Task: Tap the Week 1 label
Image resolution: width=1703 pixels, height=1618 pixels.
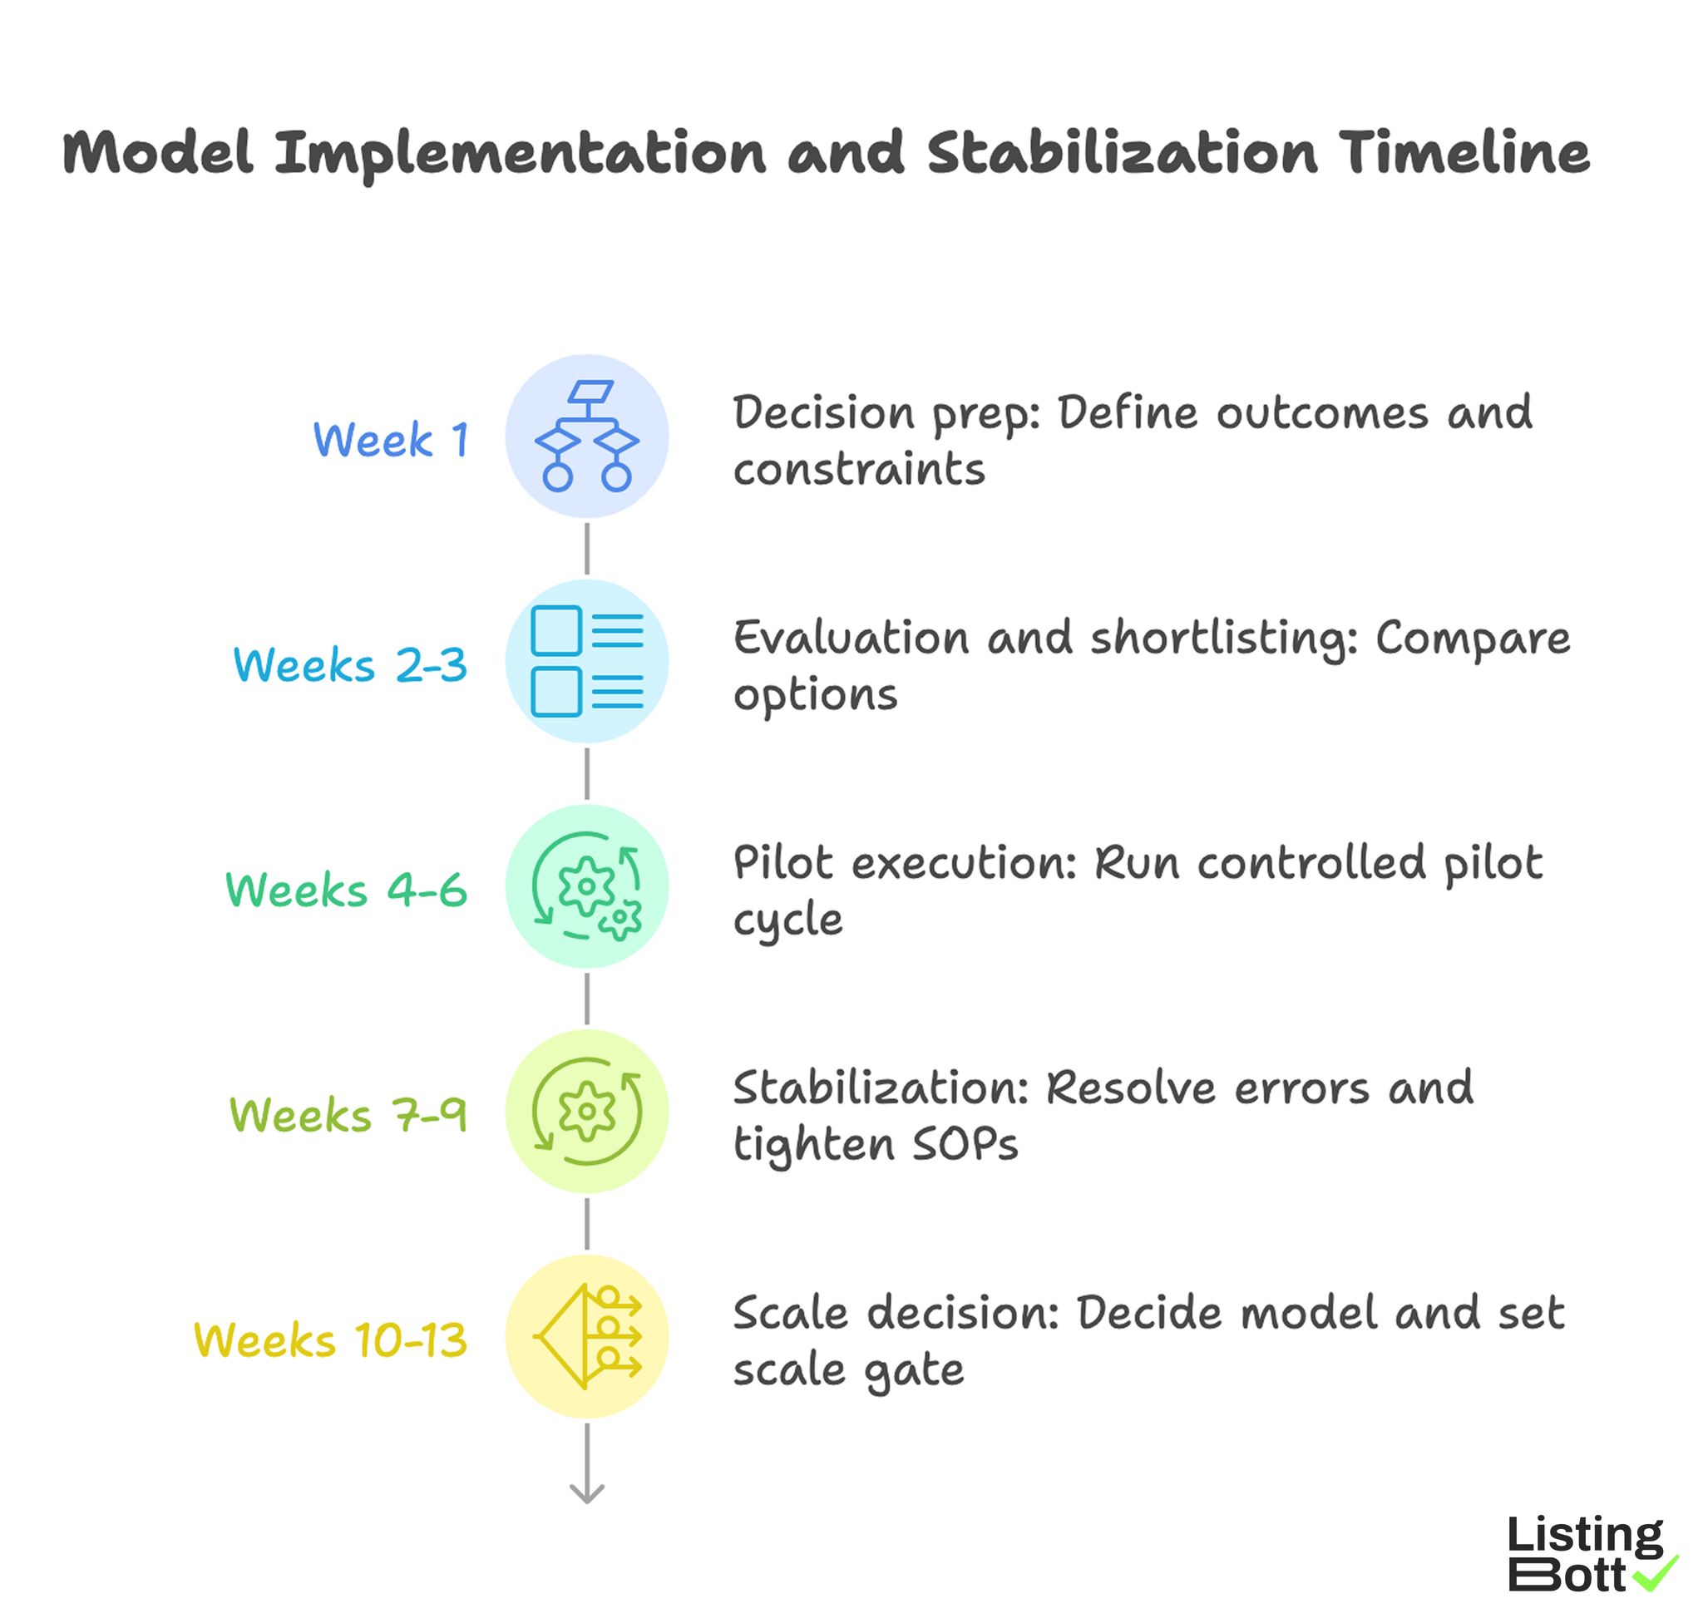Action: (391, 440)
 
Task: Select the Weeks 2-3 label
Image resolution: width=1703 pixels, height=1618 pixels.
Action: (350, 665)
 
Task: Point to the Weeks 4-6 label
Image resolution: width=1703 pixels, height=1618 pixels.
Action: (346, 890)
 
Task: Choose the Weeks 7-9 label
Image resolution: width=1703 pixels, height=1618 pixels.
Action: (348, 1115)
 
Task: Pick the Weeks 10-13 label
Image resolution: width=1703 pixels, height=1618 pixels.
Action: (330, 1340)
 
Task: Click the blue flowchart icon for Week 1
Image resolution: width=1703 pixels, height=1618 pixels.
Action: (586, 437)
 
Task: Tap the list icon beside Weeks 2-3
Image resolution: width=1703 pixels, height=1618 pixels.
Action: (586, 662)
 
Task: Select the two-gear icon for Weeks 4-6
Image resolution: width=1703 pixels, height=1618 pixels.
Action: (586, 885)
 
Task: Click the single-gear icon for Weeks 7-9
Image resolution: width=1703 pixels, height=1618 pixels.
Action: (586, 1111)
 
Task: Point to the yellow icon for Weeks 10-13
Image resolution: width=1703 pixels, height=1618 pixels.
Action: (586, 1336)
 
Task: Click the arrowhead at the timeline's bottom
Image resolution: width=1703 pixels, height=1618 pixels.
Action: (586, 1493)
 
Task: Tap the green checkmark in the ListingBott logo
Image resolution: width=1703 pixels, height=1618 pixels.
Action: (1656, 1572)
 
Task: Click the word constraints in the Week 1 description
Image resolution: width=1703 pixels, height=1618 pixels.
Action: (858, 470)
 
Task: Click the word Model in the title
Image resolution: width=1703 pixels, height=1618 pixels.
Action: (158, 154)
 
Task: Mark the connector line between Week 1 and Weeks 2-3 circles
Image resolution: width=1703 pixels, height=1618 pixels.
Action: (586, 549)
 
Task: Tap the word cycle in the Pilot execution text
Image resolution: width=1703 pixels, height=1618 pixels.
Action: (787, 920)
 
